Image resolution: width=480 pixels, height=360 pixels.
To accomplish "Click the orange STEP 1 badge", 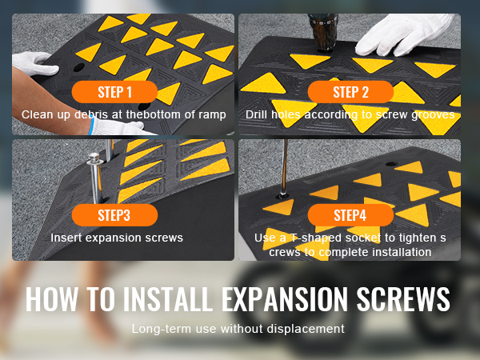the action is pos(114,92).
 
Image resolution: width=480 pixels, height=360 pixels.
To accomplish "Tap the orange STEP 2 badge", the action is pos(350,92).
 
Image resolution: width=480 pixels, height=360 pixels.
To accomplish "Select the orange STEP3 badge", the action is pos(114,215).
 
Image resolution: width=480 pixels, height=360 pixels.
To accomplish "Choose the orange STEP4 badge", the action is pos(350,215).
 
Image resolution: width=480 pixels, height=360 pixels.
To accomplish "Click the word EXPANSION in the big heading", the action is pos(285,299).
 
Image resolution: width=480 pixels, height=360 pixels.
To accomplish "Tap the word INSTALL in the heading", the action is pos(167,299).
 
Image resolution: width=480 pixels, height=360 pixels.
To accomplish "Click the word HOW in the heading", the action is pos(51,299).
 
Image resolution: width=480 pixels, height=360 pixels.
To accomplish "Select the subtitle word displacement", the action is pos(306,329).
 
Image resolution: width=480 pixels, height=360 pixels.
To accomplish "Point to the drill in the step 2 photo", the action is pos(323,32).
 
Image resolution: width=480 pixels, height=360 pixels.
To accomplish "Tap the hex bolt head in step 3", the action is pos(94,158).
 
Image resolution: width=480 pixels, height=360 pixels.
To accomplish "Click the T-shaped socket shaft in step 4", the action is pos(284,167).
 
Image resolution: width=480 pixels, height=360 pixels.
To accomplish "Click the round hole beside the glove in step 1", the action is pos(78,67).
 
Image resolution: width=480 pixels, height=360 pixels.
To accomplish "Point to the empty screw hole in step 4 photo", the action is pos(391,164).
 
